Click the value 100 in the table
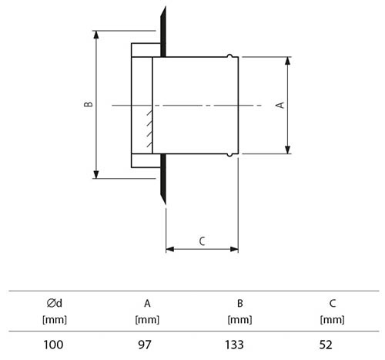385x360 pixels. (x=53, y=345)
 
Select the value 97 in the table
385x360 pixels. (x=145, y=345)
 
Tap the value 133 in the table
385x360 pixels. (x=234, y=345)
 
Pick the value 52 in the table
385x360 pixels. (x=326, y=345)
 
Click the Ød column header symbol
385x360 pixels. (x=55, y=303)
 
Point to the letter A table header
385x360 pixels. (x=147, y=304)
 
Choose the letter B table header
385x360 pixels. (x=240, y=304)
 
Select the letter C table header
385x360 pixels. (x=333, y=304)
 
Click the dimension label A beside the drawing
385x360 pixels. (x=280, y=105)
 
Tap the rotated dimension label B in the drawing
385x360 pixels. (x=89, y=104)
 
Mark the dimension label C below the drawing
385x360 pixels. (x=202, y=241)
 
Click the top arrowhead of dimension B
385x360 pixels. (x=96, y=35)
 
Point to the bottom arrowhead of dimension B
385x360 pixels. (x=96, y=174)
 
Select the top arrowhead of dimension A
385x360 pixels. (x=288, y=61)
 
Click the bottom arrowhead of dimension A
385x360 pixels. (x=288, y=150)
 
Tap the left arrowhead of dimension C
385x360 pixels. (x=170, y=249)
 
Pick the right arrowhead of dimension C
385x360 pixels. (x=234, y=249)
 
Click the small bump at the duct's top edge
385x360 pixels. (x=229, y=56)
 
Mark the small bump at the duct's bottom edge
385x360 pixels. (x=229, y=155)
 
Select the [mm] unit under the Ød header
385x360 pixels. (x=55, y=320)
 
